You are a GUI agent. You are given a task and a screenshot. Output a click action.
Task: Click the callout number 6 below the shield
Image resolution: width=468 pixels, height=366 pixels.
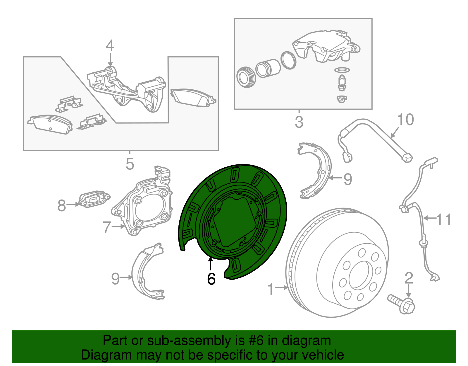[x=211, y=279]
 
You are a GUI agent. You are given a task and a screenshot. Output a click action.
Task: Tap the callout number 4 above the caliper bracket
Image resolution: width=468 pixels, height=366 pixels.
[x=110, y=46]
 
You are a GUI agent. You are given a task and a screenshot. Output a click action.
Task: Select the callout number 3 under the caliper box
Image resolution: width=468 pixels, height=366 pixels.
[x=299, y=122]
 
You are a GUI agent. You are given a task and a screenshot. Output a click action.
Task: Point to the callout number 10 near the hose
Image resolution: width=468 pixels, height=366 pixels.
[x=405, y=120]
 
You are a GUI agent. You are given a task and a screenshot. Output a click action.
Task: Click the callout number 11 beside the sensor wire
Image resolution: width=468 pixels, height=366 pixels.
[x=444, y=219]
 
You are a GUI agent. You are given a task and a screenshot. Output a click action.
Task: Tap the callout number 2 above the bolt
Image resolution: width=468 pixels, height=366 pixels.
[x=409, y=278]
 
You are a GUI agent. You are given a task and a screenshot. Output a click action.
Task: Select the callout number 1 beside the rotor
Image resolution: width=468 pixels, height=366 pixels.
[x=271, y=289]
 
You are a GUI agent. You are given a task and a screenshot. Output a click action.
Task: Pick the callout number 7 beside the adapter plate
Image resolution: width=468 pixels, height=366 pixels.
[x=107, y=227]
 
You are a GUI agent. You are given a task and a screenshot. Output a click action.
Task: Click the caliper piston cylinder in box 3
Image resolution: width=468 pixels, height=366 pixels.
[x=268, y=68]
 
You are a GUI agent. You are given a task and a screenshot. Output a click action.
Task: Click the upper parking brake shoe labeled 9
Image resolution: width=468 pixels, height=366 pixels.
[x=316, y=170]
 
